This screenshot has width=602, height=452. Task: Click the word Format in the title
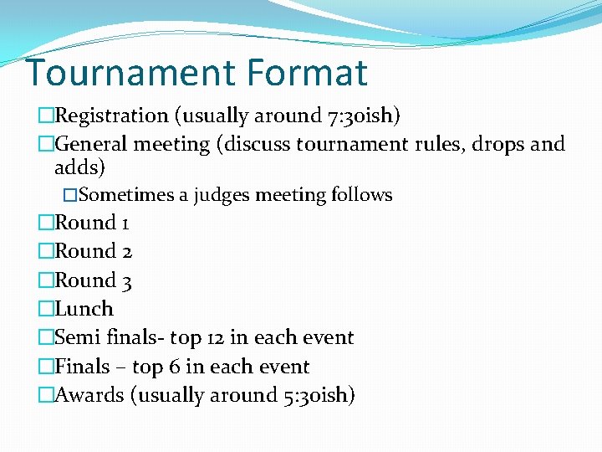click(x=307, y=73)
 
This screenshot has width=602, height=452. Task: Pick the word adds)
click(x=79, y=167)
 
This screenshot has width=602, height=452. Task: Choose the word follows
click(x=361, y=195)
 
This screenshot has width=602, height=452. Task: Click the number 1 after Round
click(x=125, y=223)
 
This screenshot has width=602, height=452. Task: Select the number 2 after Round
click(x=126, y=252)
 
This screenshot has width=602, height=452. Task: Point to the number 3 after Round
click(x=126, y=281)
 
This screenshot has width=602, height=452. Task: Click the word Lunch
click(x=84, y=309)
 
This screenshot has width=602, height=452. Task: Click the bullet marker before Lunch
click(x=46, y=309)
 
